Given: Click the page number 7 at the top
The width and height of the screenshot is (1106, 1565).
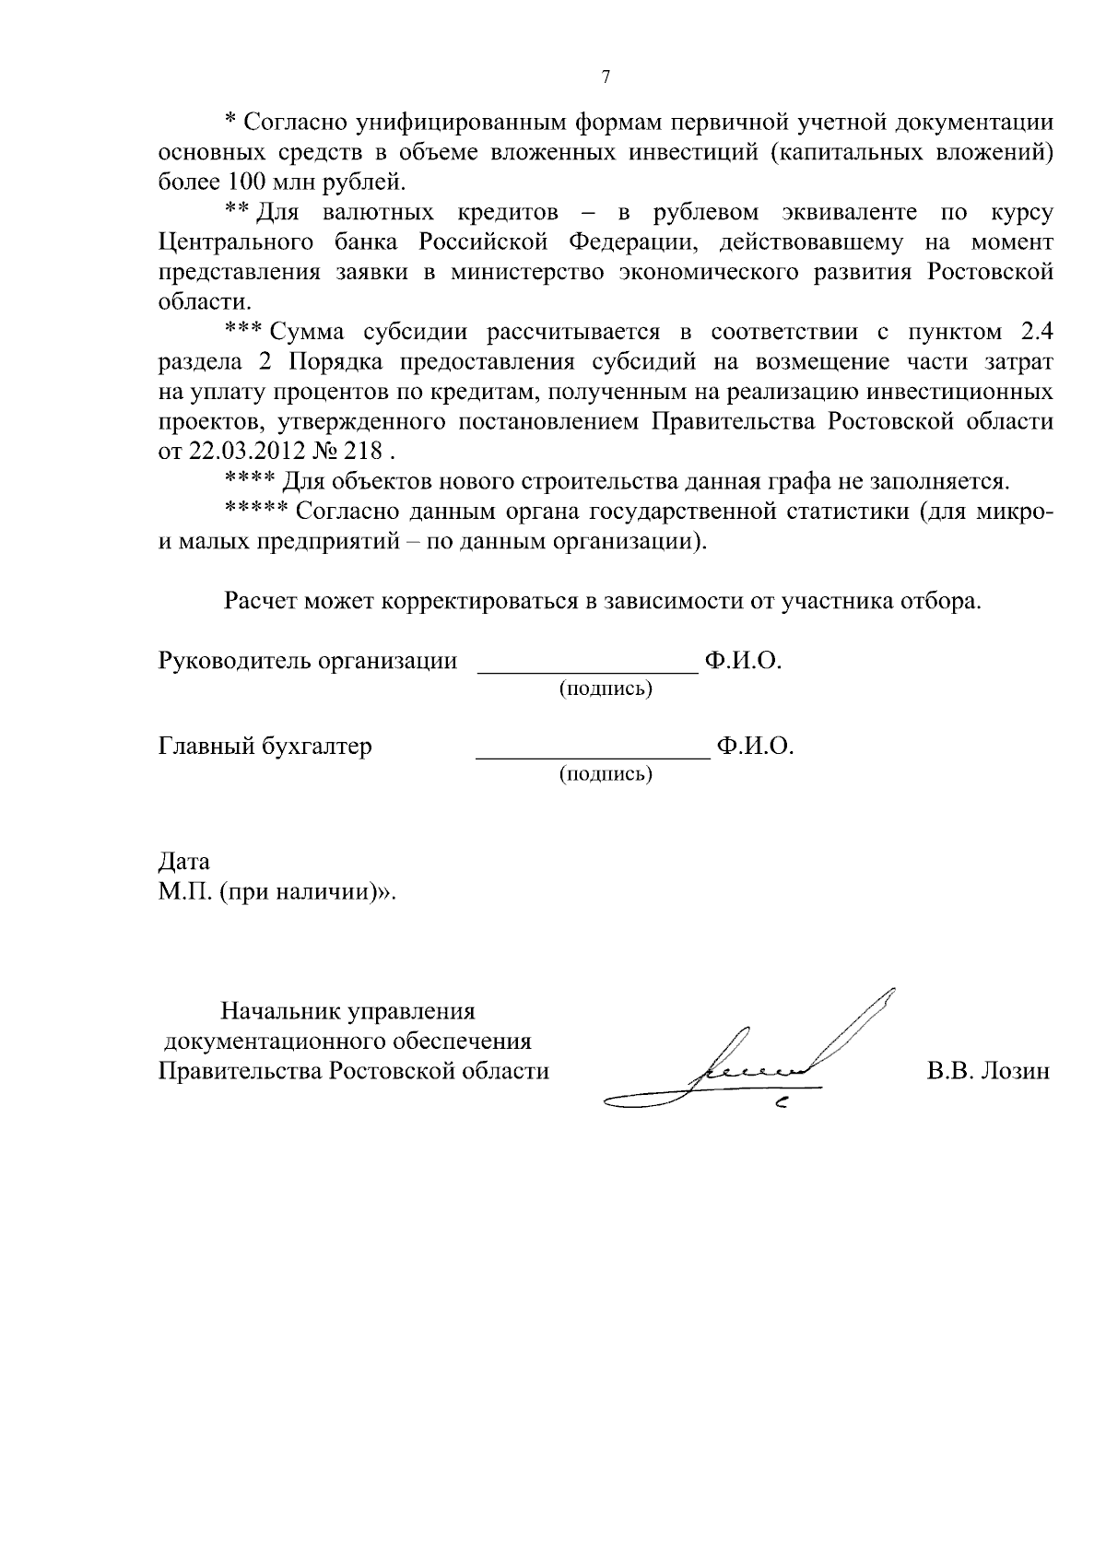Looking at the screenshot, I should (606, 77).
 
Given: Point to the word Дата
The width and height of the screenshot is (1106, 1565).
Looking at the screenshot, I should (184, 862).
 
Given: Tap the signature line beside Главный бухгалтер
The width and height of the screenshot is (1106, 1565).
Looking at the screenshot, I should (592, 755).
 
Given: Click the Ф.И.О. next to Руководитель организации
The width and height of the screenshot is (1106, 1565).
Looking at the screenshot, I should (743, 661).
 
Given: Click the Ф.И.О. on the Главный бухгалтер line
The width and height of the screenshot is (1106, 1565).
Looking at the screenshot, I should (755, 746).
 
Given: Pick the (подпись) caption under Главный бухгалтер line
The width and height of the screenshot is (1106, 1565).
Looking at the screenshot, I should (606, 774).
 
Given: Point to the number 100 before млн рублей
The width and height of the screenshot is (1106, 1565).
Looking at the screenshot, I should (241, 181).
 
